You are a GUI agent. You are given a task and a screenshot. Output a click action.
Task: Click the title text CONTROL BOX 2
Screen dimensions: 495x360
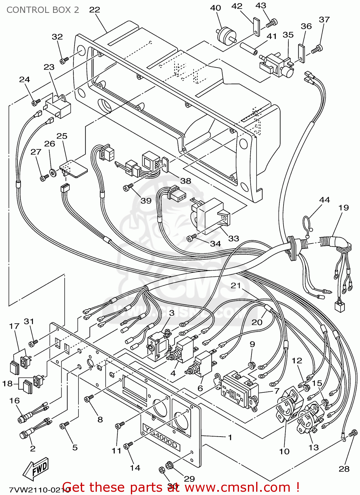[43, 10]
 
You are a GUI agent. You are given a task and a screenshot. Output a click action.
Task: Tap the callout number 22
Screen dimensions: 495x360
[94, 10]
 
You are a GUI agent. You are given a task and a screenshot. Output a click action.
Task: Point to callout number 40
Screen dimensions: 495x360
[216, 8]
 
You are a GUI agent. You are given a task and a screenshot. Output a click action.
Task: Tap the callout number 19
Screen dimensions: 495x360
[344, 208]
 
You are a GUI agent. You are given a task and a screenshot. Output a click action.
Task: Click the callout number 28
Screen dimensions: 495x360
[344, 469]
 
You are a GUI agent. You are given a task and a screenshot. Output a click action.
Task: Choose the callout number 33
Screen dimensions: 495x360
[233, 238]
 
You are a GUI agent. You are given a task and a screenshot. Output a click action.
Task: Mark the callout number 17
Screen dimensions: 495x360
[14, 326]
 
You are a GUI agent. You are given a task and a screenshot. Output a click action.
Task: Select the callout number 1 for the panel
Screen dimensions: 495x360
[230, 437]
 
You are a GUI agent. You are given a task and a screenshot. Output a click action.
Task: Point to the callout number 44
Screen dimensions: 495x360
[324, 200]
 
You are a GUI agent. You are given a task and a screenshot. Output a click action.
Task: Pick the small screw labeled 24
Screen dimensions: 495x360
[36, 103]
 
